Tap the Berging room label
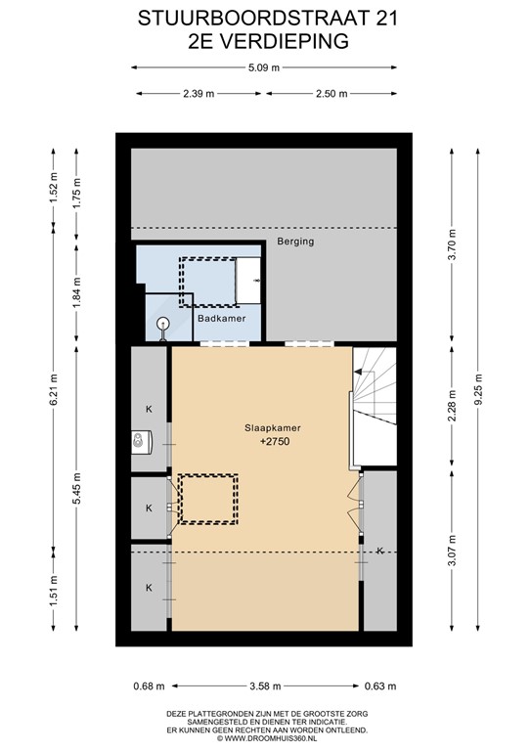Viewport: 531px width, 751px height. point(295,241)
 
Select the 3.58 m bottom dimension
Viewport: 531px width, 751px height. point(267,685)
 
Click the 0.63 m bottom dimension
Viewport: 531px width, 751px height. point(381,685)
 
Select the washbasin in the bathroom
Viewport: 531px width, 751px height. point(248,281)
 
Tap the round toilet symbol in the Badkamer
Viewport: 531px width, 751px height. point(163,324)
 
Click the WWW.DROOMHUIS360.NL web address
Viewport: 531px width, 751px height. point(266,739)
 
